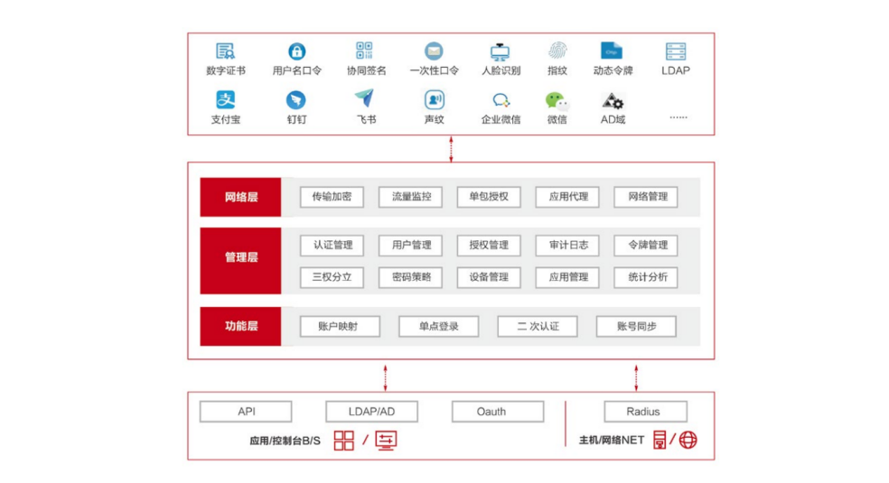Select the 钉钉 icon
click(296, 100)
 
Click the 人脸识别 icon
click(500, 51)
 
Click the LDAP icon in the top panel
click(675, 51)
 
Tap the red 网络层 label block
click(240, 197)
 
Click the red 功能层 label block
click(240, 326)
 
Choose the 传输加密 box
click(332, 197)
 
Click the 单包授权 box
click(489, 197)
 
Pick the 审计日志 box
click(567, 245)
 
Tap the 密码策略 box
click(410, 277)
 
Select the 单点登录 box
click(438, 326)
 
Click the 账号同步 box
click(636, 326)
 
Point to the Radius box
click(643, 412)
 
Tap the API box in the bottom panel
click(247, 412)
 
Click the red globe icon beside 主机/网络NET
click(688, 441)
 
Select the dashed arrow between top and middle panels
click(451, 148)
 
